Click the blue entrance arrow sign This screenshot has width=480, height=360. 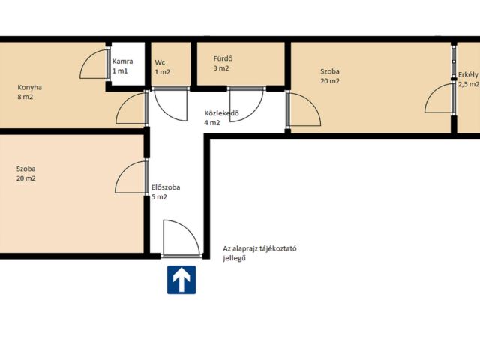pyautogui.click(x=181, y=280)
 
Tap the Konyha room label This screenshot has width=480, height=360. pyautogui.click(x=30, y=87)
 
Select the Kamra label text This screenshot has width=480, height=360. pyautogui.click(x=122, y=61)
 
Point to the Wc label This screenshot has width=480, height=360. pyautogui.click(x=160, y=62)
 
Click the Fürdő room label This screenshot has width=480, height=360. pyautogui.click(x=223, y=58)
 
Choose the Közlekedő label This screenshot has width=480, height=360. pyautogui.click(x=222, y=113)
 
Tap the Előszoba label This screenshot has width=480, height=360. pyautogui.click(x=166, y=187)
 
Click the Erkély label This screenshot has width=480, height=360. pyautogui.click(x=468, y=74)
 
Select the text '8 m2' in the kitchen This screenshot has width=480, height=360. pyautogui.click(x=25, y=97)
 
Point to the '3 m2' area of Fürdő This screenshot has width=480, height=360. pyautogui.click(x=221, y=68)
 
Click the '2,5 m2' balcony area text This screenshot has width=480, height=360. pyautogui.click(x=468, y=84)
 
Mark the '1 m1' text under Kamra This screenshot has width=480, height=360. pyautogui.click(x=120, y=71)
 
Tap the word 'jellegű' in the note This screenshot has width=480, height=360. pyautogui.click(x=235, y=258)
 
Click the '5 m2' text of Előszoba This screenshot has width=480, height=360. pyautogui.click(x=159, y=197)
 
